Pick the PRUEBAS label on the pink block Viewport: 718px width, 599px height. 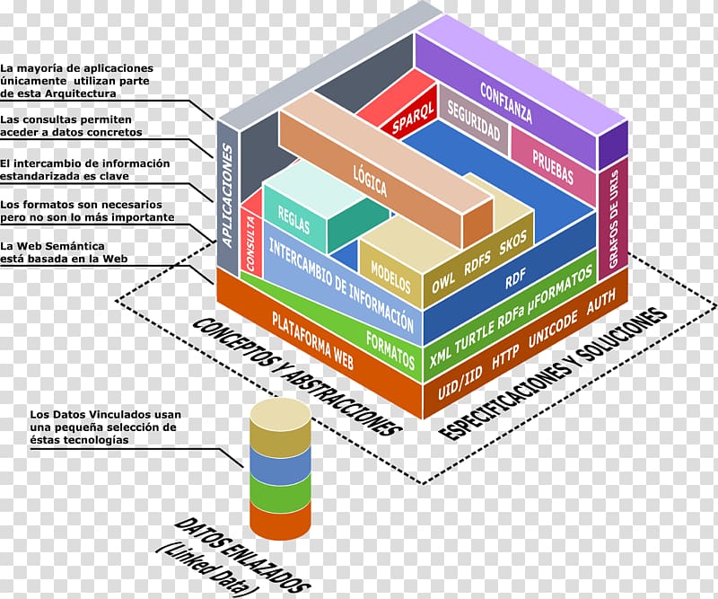[553, 166]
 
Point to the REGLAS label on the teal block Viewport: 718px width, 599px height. [294, 219]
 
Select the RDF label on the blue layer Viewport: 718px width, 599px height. [515, 277]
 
